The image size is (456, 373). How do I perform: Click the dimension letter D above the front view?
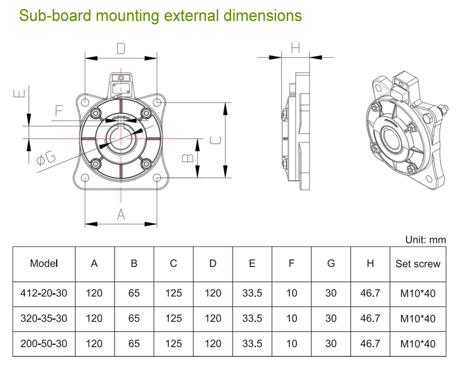pos(121,49)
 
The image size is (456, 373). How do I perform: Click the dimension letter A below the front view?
pos(121,214)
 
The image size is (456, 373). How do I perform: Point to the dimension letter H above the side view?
pos(295,48)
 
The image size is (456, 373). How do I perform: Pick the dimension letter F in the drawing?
pos(59,111)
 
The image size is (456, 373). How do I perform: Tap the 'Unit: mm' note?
pos(425,240)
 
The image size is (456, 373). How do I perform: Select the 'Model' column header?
pos(44,263)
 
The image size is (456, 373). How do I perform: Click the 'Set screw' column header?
pos(418,264)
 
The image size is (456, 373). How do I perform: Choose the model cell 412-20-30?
pos(44,293)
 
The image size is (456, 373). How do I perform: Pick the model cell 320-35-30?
pos(44,318)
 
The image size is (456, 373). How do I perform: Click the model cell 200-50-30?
pos(44,344)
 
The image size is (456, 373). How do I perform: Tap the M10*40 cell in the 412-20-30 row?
pos(418,293)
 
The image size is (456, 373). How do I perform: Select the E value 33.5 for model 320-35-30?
pos(252,318)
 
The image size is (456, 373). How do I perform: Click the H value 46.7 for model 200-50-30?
pos(370,344)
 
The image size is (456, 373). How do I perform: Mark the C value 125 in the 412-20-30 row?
pos(173,293)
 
